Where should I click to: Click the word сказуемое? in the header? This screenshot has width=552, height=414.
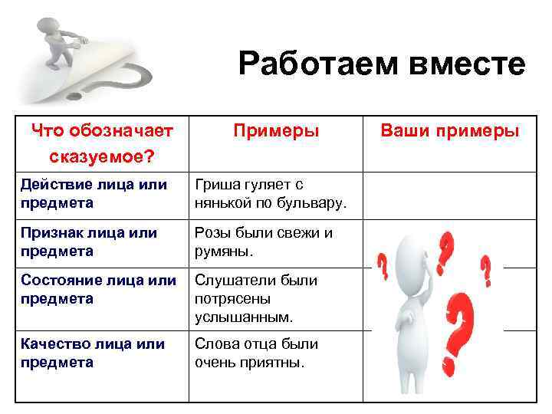(x=101, y=156)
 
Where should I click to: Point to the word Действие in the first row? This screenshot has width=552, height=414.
(x=55, y=184)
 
